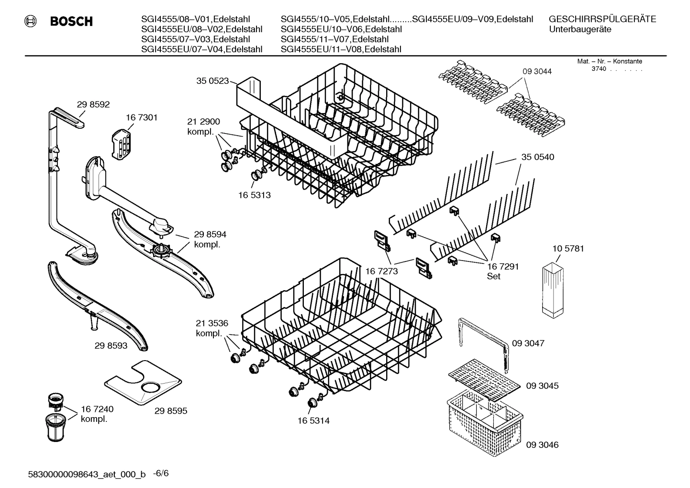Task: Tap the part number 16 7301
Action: (142, 117)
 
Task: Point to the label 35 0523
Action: (212, 81)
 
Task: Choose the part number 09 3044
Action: (537, 71)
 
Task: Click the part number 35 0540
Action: (538, 157)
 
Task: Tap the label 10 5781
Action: (568, 249)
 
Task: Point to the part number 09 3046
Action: (542, 444)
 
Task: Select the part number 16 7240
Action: (97, 409)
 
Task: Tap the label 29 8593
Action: (111, 345)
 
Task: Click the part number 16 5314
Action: (313, 420)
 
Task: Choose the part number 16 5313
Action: (255, 195)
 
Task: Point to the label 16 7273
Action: (381, 271)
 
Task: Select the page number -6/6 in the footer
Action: (161, 473)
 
